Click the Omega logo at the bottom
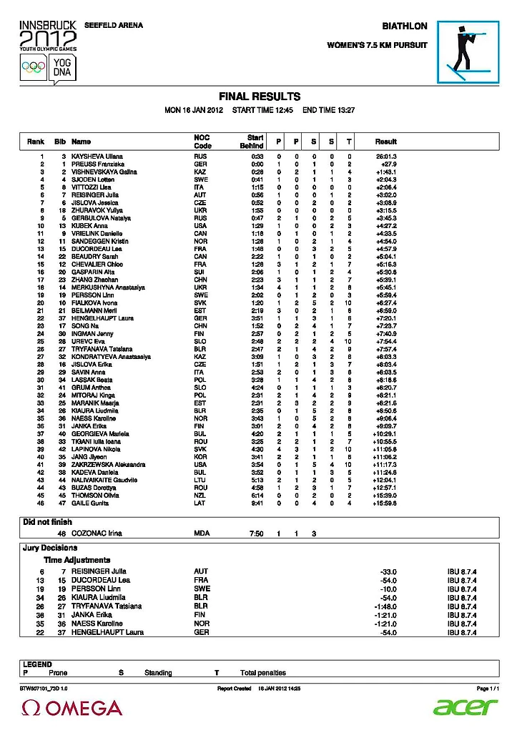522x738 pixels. [72, 708]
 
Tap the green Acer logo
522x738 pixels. [465, 707]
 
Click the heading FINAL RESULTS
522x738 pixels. [259, 97]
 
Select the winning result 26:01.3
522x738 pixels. [386, 156]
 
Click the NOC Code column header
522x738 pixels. [202, 142]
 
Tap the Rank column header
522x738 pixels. [36, 142]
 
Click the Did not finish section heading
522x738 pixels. [48, 522]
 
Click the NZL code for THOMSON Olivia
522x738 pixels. [200, 496]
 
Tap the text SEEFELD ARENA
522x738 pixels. [114, 26]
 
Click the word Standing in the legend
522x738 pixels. [158, 673]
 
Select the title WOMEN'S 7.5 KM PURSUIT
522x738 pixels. [377, 45]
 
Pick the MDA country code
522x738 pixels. [201, 533]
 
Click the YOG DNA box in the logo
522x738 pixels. [61, 68]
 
